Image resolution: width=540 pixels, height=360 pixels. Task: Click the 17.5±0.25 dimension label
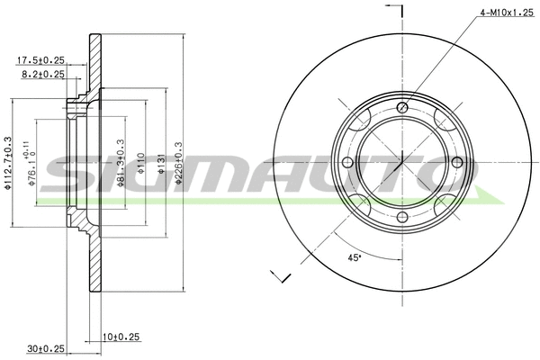pyautogui.click(x=42, y=60)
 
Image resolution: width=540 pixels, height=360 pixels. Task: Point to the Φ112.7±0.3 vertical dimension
pyautogui.click(x=7, y=163)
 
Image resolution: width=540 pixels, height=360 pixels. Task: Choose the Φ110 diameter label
pyautogui.click(x=140, y=162)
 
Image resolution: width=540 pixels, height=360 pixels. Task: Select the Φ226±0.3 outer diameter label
pyautogui.click(x=179, y=162)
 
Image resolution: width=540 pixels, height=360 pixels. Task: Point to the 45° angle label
pyautogui.click(x=355, y=258)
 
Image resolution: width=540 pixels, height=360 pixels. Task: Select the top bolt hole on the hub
pyautogui.click(x=401, y=109)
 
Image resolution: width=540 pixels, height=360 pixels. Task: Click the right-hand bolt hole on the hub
pyautogui.click(x=456, y=162)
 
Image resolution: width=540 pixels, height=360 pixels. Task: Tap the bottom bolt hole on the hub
pyautogui.click(x=401, y=216)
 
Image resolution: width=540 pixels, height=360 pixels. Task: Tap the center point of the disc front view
pyautogui.click(x=402, y=163)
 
